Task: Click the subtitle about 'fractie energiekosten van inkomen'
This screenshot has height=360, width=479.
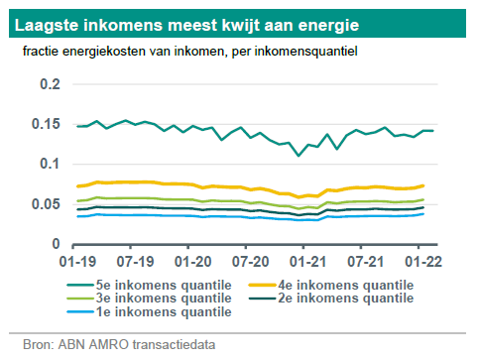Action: pyautogui.click(x=182, y=50)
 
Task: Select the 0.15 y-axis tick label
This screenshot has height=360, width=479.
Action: pyautogui.click(x=45, y=125)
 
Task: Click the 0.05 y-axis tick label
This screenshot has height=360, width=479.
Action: pyautogui.click(x=45, y=203)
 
